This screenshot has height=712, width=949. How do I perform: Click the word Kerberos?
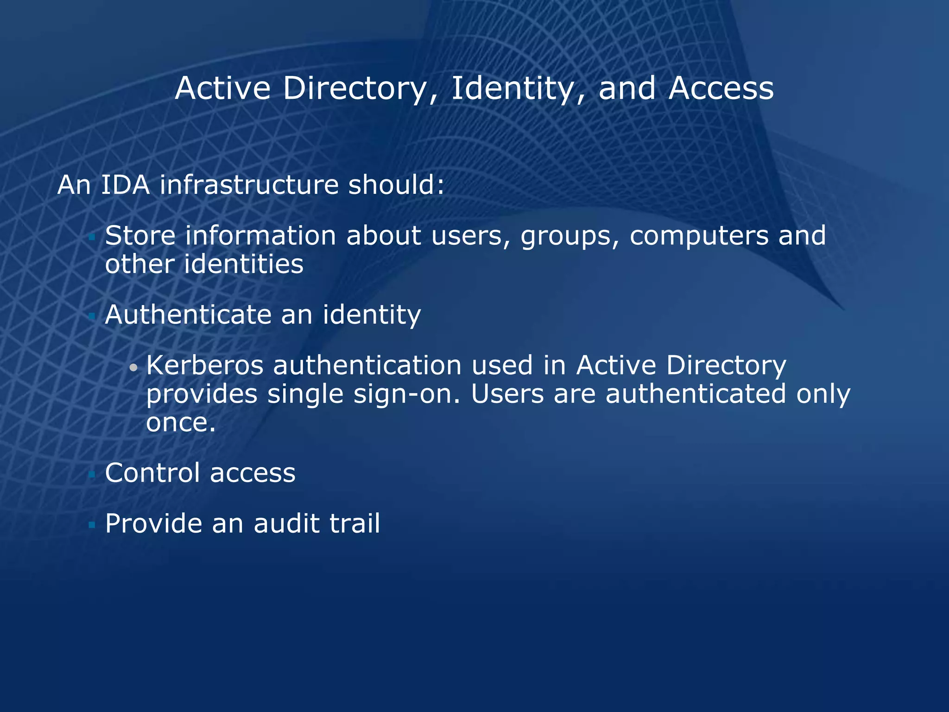(204, 365)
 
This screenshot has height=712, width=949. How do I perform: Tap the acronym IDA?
(125, 185)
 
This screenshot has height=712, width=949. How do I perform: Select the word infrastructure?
(249, 185)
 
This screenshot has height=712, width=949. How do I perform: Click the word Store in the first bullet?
(140, 235)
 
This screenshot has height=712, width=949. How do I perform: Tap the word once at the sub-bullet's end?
(181, 423)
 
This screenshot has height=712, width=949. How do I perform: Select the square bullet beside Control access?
(92, 474)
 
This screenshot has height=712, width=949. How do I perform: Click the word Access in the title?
(721, 88)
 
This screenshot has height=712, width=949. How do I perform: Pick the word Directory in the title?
(354, 89)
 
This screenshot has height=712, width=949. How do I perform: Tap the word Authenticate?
(188, 315)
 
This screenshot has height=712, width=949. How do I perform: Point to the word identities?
(243, 264)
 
